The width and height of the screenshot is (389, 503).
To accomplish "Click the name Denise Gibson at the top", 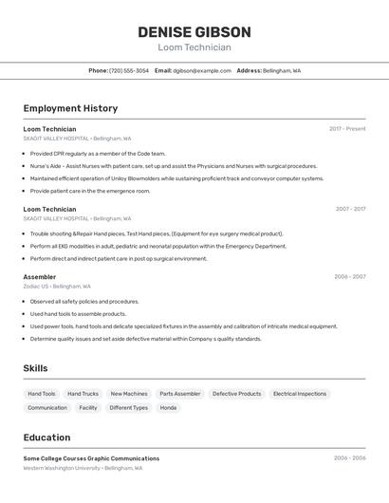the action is tap(194, 32).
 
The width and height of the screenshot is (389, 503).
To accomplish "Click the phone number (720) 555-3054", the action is tap(129, 71).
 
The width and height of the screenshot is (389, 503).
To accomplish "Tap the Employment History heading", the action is tap(70, 108).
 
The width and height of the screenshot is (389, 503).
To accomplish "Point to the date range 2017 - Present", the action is tap(347, 129).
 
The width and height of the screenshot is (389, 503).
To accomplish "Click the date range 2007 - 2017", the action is tap(350, 209).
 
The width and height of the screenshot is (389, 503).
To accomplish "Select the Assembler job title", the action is tap(40, 277).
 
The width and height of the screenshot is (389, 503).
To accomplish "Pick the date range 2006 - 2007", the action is tap(349, 277).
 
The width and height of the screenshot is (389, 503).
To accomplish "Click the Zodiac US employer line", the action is tap(57, 287).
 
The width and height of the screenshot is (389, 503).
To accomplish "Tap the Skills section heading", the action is tap(35, 368).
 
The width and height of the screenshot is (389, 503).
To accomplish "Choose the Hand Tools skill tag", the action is tap(42, 394).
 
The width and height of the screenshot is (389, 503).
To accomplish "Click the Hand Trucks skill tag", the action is tap(83, 394).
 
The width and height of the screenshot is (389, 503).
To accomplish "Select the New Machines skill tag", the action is tap(129, 394).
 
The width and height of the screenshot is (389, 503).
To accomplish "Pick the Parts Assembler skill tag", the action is tap(180, 394).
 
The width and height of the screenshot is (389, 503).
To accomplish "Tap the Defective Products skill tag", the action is tap(236, 394).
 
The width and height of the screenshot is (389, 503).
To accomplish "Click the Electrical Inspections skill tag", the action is tap(300, 394).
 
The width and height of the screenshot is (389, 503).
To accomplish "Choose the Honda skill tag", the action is tap(168, 408).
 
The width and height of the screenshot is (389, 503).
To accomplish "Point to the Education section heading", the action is tap(46, 438).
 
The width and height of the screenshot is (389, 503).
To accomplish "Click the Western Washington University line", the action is tap(83, 468).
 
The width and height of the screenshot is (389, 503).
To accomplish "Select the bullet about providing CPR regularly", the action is tap(98, 154).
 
